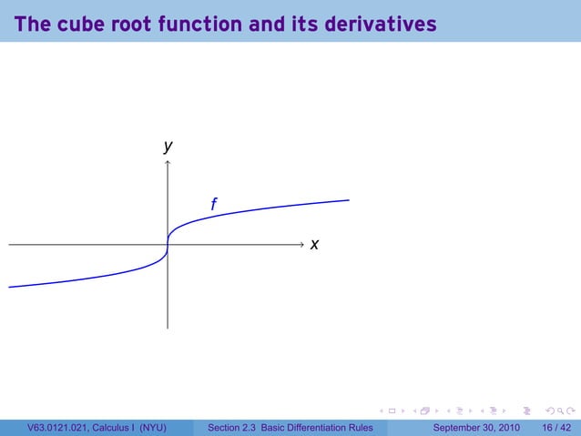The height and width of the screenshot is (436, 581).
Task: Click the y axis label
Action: point(168,146)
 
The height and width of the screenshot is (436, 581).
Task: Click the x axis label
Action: point(314,245)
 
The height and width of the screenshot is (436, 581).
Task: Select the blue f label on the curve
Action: point(213,205)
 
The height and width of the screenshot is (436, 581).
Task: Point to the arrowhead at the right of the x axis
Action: point(301,245)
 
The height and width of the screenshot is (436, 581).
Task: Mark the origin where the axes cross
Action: point(168,245)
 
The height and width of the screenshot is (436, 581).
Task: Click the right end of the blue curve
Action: point(349,200)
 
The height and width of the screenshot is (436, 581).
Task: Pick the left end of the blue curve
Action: point(9,287)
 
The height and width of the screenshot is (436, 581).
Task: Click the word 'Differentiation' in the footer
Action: point(318,428)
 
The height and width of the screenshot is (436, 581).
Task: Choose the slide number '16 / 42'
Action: point(555,428)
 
